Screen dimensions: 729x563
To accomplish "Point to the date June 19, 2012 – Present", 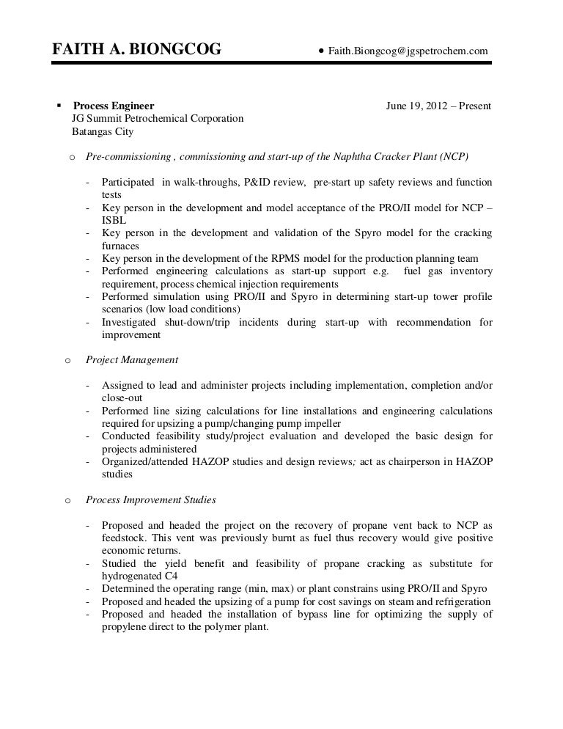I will point(438,106).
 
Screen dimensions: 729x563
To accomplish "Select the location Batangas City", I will point(103,133).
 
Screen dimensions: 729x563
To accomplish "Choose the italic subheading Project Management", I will point(132,360).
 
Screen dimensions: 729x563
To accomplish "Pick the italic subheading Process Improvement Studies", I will point(150,499).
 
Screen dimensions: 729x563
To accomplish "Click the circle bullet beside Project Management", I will point(68,360).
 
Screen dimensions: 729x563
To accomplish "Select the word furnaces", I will point(120,246).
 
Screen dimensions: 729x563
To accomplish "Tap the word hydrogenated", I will point(132,576).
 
